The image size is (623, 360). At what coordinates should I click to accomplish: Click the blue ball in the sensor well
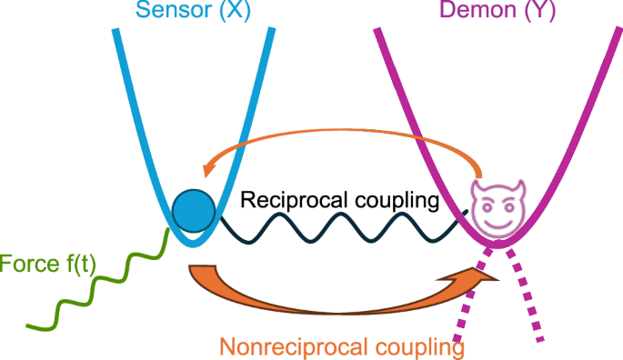point(192,210)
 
